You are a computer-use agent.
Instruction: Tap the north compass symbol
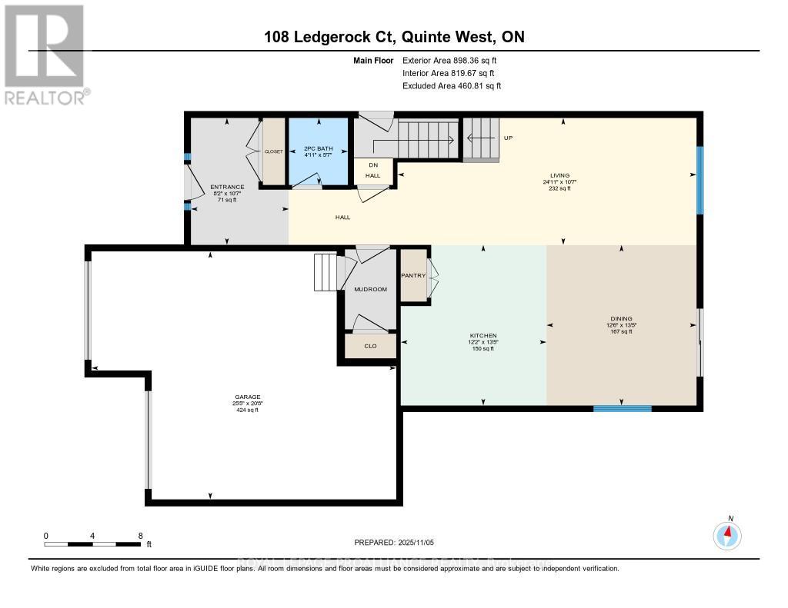pos(727,534)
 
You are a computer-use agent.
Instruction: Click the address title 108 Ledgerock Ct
pos(393,37)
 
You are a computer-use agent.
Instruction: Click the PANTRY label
pos(413,276)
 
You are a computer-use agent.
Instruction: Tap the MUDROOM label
pos(369,290)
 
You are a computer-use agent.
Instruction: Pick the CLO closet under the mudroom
pos(370,347)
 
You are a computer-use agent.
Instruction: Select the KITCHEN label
pos(483,336)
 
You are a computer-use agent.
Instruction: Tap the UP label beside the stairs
pos(508,138)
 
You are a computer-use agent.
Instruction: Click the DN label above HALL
pos(373,165)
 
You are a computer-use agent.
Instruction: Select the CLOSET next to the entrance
pos(274,151)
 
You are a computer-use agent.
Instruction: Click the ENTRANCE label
pos(227,187)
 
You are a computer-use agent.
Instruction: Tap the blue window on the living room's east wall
pos(700,180)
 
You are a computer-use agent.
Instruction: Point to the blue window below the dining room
pos(622,408)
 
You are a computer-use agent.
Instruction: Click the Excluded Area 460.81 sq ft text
pos(452,86)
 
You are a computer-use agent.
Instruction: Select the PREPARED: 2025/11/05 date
pos(393,542)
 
